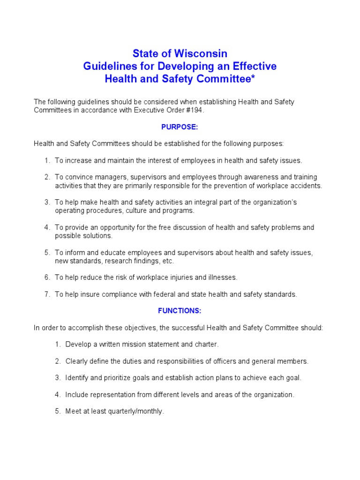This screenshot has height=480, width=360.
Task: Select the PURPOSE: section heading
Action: tap(180, 127)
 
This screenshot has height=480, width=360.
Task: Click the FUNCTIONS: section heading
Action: tap(180, 310)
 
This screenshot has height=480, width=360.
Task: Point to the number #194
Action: tap(196, 110)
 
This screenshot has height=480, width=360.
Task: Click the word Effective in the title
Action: tap(252, 66)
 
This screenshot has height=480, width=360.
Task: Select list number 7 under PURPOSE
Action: tap(47, 294)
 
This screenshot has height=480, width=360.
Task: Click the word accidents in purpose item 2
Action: tap(304, 186)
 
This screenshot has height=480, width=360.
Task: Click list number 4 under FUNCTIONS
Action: tap(58, 395)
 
